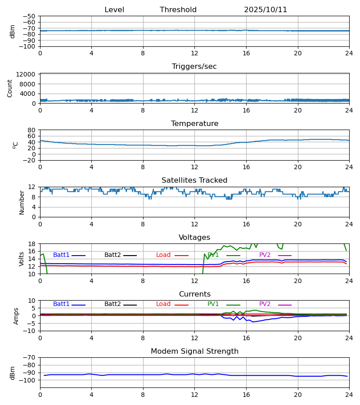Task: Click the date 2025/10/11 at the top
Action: pyautogui.click(x=265, y=10)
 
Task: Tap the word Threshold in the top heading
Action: pyautogui.click(x=178, y=10)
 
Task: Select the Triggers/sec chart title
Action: pyautogui.click(x=194, y=67)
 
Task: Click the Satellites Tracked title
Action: pyautogui.click(x=194, y=180)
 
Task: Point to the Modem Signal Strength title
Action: pyautogui.click(x=194, y=351)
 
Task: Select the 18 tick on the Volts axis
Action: pyautogui.click(x=32, y=244)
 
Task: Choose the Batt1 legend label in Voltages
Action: pyautogui.click(x=61, y=255)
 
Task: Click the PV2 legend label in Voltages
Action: pyautogui.click(x=265, y=255)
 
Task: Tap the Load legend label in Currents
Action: pyautogui.click(x=163, y=304)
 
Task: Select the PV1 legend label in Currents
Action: pyautogui.click(x=213, y=304)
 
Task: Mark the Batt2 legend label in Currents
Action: pyautogui.click(x=112, y=304)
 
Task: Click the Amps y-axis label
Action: pyautogui.click(x=16, y=316)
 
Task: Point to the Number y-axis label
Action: pyautogui.click(x=22, y=202)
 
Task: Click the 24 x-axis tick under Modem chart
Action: pyautogui.click(x=349, y=395)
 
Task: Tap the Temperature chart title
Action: pyautogui.click(x=194, y=124)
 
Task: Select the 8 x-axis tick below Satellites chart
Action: pyautogui.click(x=143, y=224)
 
